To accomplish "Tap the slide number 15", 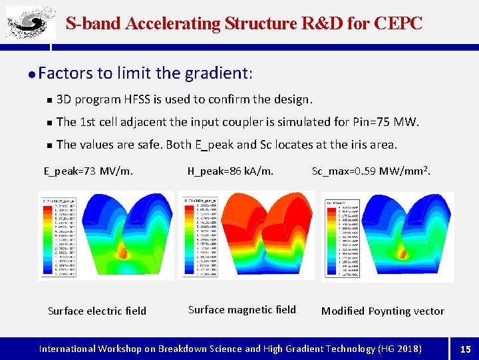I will [x=465, y=349].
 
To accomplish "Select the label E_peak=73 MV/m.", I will [x=88, y=171].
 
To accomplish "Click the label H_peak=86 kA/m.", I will [x=230, y=171].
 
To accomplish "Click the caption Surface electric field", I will [x=97, y=311].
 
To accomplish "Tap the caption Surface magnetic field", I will [x=242, y=309].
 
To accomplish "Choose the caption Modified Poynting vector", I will [x=383, y=311].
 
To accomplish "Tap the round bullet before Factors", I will [x=32, y=73].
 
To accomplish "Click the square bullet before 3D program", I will [x=49, y=100].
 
